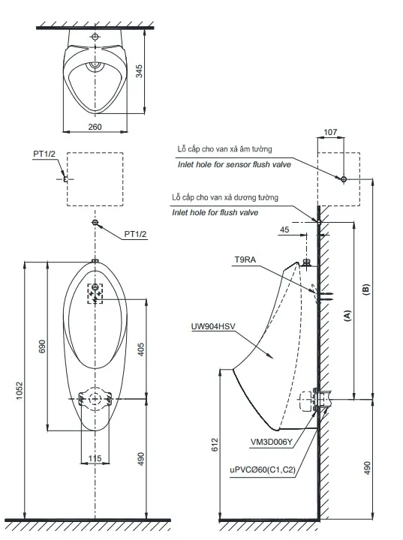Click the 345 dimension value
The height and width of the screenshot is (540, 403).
[139, 71]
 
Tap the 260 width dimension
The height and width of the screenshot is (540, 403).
[95, 127]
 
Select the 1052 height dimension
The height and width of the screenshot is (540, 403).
[20, 390]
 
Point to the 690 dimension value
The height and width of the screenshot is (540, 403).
[42, 346]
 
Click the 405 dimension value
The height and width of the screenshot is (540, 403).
[141, 349]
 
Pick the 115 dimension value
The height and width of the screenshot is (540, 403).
[95, 458]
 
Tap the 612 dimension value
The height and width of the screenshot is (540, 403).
[215, 445]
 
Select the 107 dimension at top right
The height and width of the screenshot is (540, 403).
[330, 132]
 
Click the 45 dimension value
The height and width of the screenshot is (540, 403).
[284, 229]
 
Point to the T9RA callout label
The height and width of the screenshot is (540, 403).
[245, 259]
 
